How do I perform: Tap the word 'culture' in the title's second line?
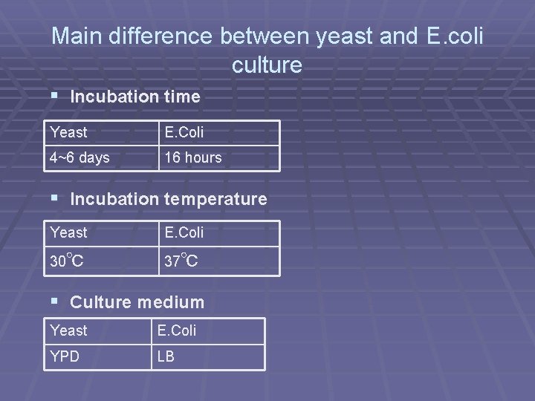click(x=267, y=65)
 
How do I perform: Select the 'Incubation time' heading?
click(x=134, y=97)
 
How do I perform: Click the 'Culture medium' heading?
click(x=137, y=302)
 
